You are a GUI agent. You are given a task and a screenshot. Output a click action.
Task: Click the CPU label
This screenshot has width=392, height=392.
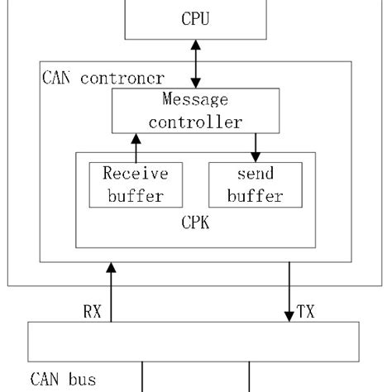pyautogui.click(x=195, y=17)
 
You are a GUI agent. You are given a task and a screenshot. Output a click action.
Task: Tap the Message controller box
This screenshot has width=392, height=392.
pyautogui.click(x=196, y=112)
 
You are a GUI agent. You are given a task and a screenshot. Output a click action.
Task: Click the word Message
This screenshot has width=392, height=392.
pyautogui.click(x=196, y=101)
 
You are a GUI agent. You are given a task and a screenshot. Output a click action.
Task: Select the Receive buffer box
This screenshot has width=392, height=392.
pyautogui.click(x=135, y=184)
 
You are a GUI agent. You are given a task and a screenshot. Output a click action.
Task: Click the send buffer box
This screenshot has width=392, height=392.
pyautogui.click(x=255, y=184)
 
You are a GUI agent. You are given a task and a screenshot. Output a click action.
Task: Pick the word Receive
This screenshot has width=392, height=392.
pyautogui.click(x=135, y=174)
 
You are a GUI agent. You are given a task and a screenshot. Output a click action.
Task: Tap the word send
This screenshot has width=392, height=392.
pyautogui.click(x=255, y=174)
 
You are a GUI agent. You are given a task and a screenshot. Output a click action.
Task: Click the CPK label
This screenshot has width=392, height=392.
pyautogui.click(x=196, y=223)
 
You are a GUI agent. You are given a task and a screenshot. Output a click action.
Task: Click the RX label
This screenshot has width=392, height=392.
pyautogui.click(x=93, y=312)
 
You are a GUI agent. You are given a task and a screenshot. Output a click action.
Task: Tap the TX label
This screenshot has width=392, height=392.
pyautogui.click(x=305, y=312)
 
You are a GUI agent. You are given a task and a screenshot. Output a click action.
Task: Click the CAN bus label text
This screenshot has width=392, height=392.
pyautogui.click(x=64, y=380)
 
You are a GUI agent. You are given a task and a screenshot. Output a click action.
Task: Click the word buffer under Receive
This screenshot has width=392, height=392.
pyautogui.click(x=135, y=196)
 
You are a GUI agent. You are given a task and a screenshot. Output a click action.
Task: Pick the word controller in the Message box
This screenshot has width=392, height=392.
pyautogui.click(x=196, y=122)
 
